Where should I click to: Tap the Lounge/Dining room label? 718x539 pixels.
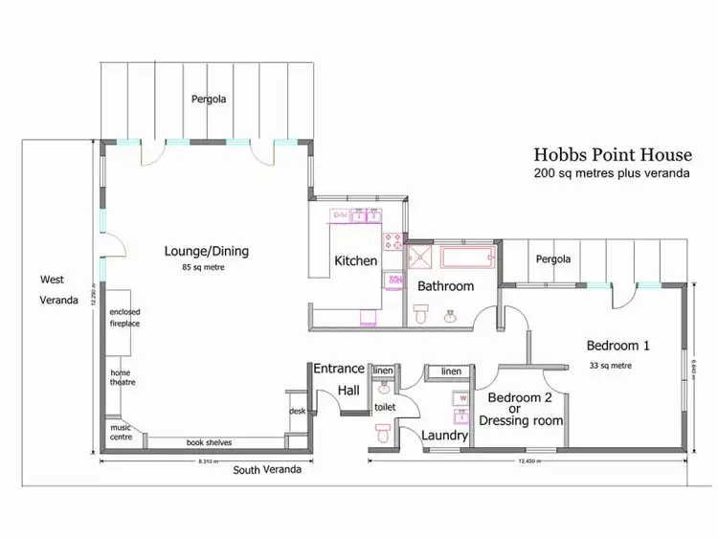206,252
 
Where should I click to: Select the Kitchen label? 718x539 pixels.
355,260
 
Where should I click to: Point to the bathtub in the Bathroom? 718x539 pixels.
466,258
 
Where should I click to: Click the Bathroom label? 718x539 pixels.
445,286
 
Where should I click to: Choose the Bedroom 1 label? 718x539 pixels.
617,346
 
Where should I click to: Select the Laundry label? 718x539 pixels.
445,436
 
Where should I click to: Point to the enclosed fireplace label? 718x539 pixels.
124,318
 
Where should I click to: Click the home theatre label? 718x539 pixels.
122,377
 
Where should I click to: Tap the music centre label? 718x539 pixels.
121,433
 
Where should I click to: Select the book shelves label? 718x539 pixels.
209,442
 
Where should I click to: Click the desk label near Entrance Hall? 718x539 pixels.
297,412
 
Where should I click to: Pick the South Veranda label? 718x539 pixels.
267,470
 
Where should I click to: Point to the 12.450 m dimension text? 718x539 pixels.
526,460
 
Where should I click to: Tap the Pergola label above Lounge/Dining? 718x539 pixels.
208,99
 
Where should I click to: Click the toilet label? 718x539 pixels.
385,407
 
